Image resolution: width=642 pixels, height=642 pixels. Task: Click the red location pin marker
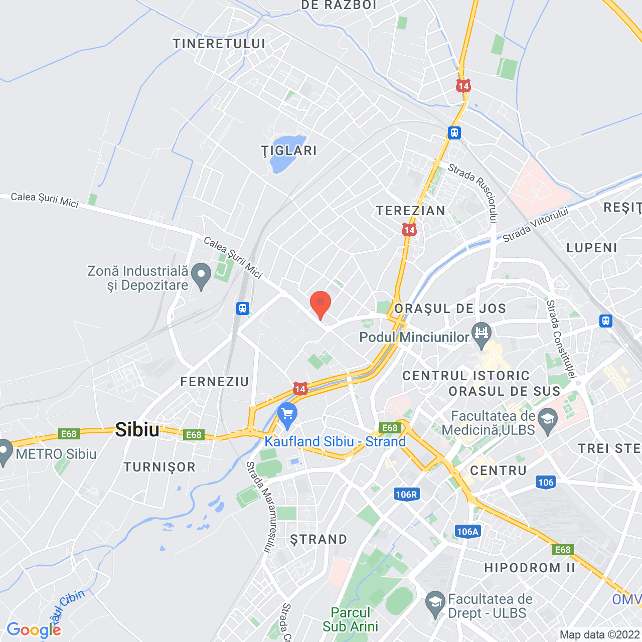tap(320, 304)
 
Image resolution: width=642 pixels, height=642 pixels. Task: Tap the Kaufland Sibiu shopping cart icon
tap(287, 415)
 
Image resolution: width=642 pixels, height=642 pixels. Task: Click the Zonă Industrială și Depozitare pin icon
tap(202, 275)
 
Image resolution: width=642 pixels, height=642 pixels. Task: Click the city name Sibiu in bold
tap(137, 430)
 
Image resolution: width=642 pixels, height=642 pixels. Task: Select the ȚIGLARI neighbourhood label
tap(289, 150)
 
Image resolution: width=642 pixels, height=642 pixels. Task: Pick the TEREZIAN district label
tap(411, 211)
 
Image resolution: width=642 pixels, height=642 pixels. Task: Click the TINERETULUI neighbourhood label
tap(219, 44)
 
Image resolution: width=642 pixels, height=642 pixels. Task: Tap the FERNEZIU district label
tap(215, 382)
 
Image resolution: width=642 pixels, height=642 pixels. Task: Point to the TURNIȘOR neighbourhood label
tap(160, 467)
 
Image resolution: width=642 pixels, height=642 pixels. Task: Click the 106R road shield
tap(406, 495)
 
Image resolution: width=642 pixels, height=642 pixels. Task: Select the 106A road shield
tap(467, 532)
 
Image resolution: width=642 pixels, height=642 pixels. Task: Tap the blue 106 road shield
tap(546, 483)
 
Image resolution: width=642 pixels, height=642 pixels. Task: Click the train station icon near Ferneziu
tap(243, 308)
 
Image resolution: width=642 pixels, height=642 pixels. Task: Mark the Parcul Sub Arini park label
tap(350, 619)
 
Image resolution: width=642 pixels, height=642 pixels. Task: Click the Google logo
tap(34, 629)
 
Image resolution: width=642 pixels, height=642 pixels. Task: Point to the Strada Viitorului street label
tap(535, 224)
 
